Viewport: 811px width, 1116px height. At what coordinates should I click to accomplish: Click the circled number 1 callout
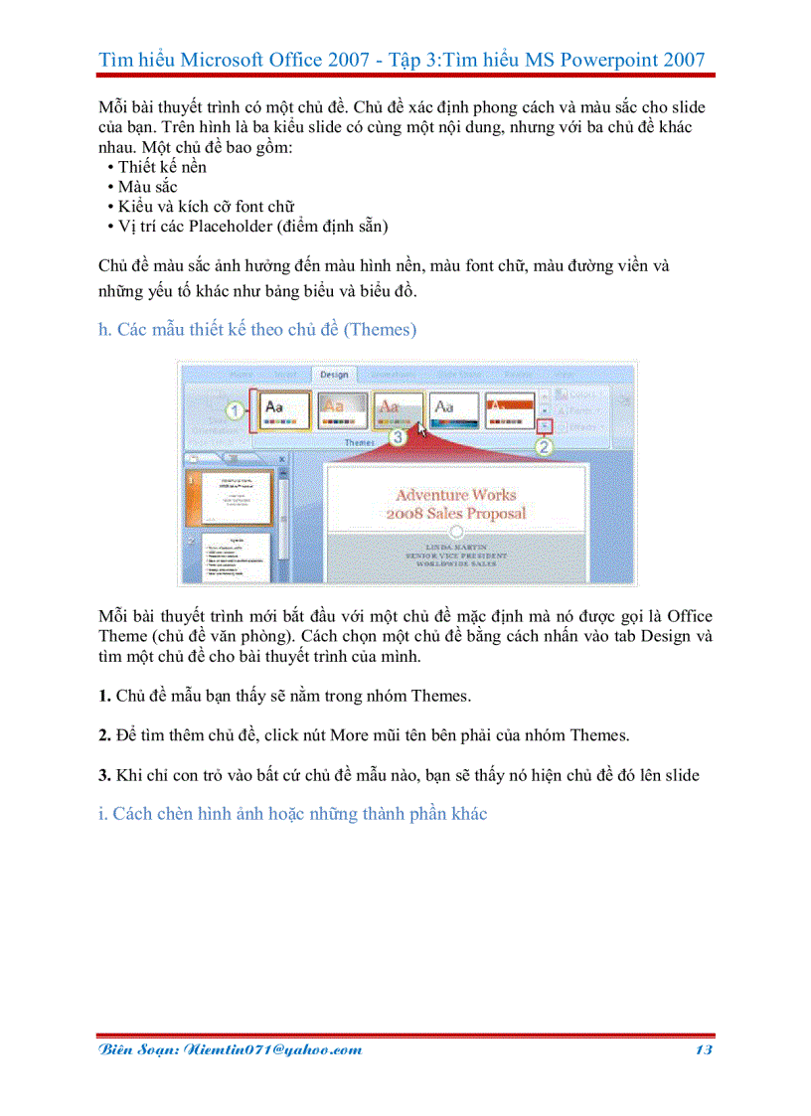(x=235, y=409)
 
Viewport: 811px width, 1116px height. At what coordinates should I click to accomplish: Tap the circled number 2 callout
(x=544, y=447)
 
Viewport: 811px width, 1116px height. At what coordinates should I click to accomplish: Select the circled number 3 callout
(x=398, y=435)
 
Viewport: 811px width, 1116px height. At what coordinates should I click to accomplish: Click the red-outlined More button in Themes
(x=545, y=424)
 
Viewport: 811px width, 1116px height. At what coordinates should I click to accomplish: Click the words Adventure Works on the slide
(x=456, y=494)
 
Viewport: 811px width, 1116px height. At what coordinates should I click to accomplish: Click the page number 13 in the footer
(x=703, y=1049)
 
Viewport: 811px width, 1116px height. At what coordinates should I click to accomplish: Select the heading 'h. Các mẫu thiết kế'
(x=257, y=330)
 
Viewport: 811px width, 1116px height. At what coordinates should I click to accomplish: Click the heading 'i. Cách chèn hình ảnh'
(x=293, y=814)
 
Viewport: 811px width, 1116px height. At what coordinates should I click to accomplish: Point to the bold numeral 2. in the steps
(x=104, y=735)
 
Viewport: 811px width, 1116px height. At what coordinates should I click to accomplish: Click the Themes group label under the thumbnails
(x=359, y=440)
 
